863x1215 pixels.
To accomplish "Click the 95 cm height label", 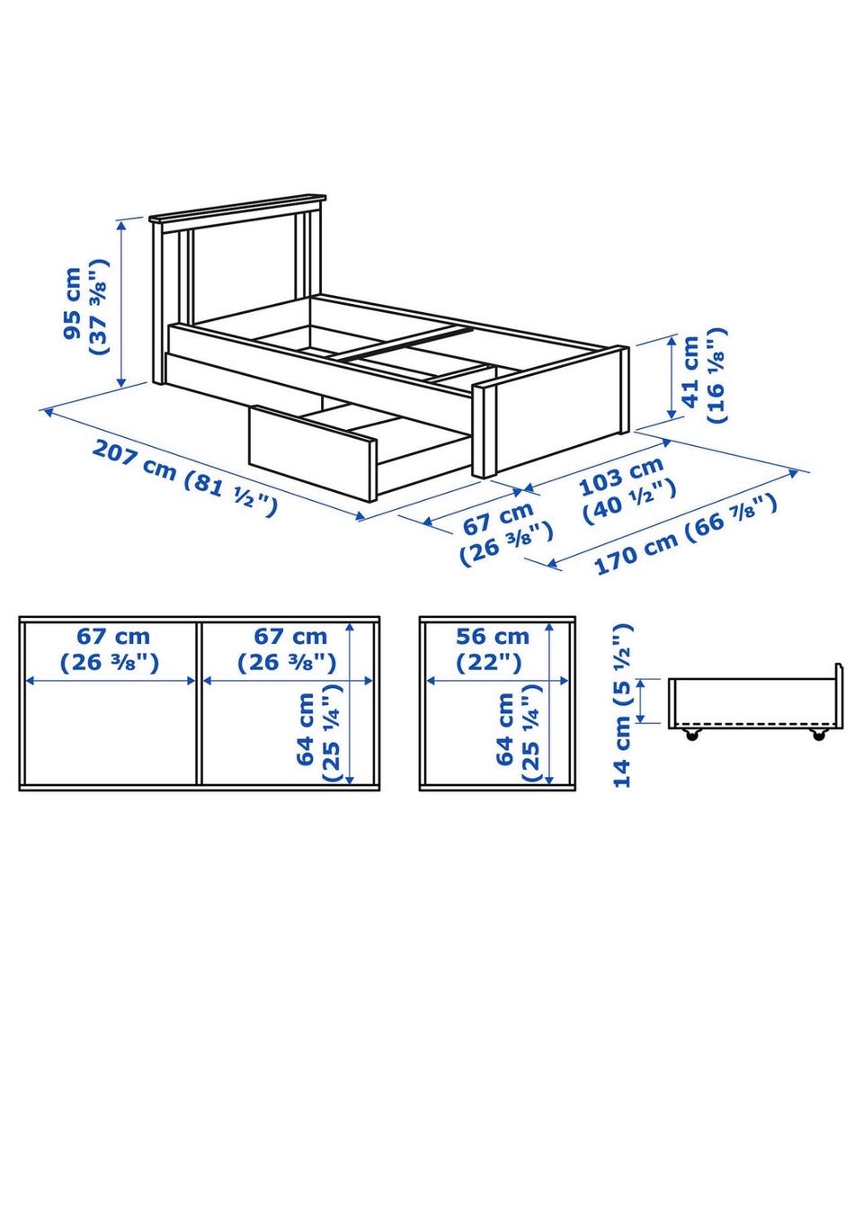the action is pos(72,303).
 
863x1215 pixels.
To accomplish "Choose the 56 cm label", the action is pos(493,637).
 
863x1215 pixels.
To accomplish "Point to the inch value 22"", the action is pos(489,662).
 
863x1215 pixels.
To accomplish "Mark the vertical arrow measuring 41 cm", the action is pos(672,378).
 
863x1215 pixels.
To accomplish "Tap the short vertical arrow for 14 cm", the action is pos(641,701).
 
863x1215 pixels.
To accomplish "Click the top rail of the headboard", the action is pos(237,207).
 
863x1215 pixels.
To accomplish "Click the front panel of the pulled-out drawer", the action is pos(311,451).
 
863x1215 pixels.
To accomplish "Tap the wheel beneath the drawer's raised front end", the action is pos(818,736).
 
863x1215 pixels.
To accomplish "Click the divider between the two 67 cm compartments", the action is pos(199,703).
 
